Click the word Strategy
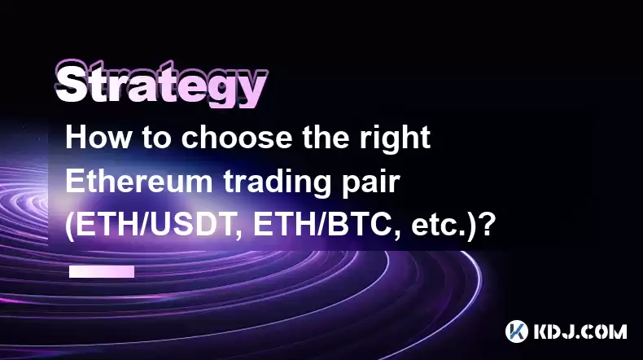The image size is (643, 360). [x=162, y=84]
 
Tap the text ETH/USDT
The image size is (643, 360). [x=152, y=226]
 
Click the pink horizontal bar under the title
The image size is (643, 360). [x=102, y=271]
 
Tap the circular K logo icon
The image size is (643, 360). [x=516, y=331]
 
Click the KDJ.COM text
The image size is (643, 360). [x=580, y=331]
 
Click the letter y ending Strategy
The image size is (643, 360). [x=252, y=90]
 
